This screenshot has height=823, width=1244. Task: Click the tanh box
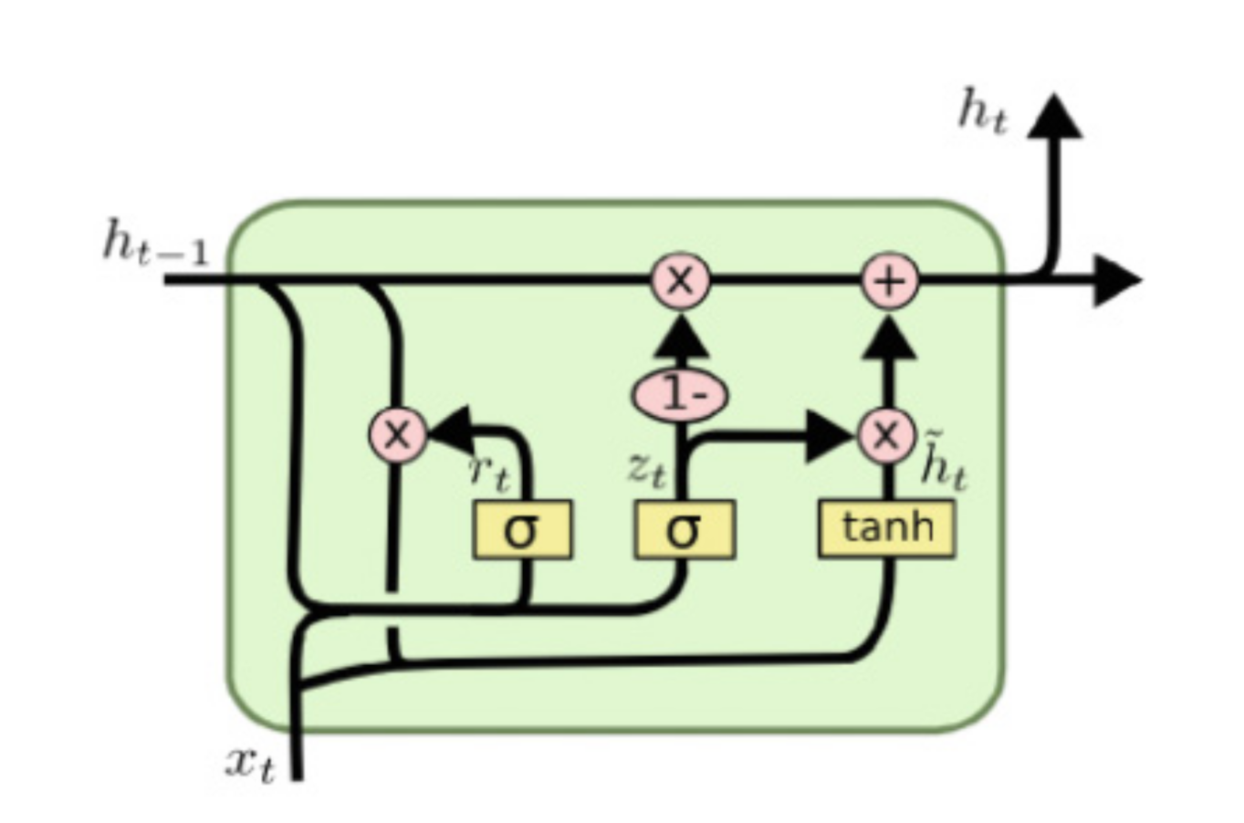tap(886, 528)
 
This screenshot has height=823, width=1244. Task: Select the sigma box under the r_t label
tap(522, 529)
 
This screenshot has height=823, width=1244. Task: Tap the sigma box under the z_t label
tap(684, 529)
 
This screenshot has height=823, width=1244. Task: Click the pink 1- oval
tap(680, 395)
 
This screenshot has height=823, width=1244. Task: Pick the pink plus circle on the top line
tap(889, 280)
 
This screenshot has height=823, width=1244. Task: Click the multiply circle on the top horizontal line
tap(680, 280)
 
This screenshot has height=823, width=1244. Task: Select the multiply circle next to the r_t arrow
tap(397, 434)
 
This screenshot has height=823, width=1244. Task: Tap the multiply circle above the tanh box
tap(885, 435)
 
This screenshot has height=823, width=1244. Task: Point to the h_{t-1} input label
tap(155, 245)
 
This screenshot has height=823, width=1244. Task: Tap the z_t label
tap(646, 469)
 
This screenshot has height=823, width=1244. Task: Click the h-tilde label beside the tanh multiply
tap(943, 464)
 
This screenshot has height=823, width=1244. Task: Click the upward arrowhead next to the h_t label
tap(1054, 117)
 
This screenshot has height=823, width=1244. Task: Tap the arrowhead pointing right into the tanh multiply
tap(831, 436)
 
